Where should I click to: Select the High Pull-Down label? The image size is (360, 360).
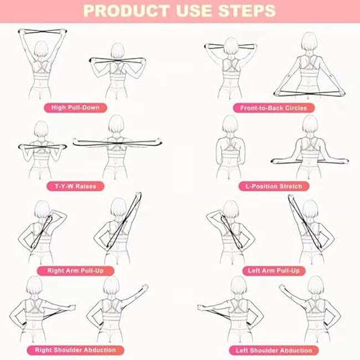[x=75, y=107]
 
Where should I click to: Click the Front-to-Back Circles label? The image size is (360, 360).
[x=274, y=108]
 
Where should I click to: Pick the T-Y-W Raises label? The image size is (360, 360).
[x=76, y=186]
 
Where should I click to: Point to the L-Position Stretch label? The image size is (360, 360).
[x=274, y=187]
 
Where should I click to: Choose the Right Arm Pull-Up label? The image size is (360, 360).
[x=76, y=271]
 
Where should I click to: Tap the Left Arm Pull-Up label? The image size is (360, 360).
[x=274, y=271]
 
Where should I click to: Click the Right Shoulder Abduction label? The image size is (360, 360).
[x=75, y=350]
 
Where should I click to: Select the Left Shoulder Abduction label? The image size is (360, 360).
[x=274, y=350]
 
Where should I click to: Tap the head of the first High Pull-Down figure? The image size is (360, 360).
[x=40, y=51]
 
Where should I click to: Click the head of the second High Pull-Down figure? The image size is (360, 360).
[x=116, y=52]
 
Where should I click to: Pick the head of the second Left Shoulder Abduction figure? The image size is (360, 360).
[x=316, y=286]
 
